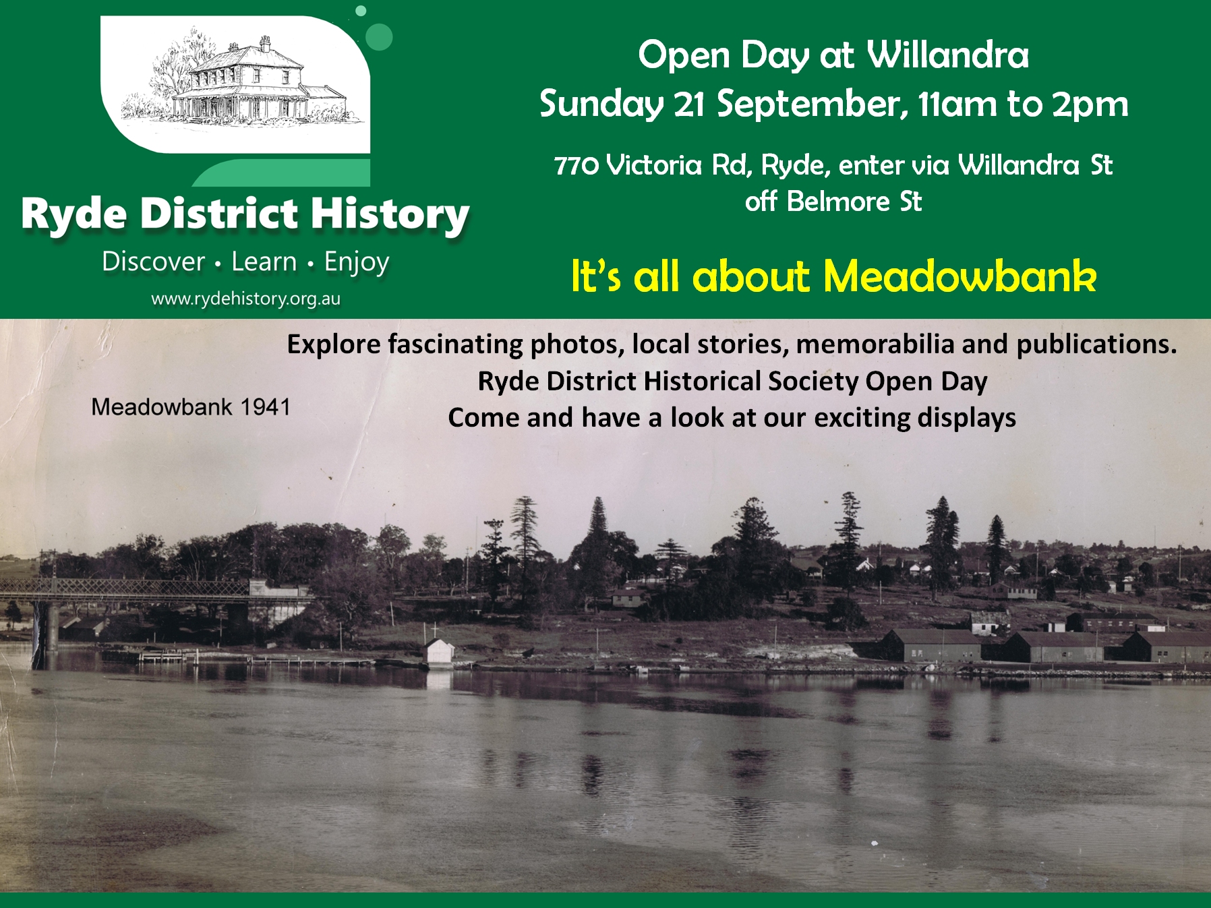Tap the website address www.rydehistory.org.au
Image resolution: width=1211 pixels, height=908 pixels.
(245, 299)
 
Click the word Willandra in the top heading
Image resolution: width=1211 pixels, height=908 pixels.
(947, 55)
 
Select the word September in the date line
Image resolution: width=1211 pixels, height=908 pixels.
(808, 104)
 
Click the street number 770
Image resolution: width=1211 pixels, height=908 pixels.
(577, 165)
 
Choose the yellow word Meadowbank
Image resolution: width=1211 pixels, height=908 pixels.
(960, 276)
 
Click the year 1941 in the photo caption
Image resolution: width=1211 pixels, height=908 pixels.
(266, 407)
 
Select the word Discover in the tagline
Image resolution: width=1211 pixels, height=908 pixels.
(153, 262)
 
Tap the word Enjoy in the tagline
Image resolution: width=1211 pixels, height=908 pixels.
(357, 263)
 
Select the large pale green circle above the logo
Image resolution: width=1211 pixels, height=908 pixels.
(379, 37)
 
